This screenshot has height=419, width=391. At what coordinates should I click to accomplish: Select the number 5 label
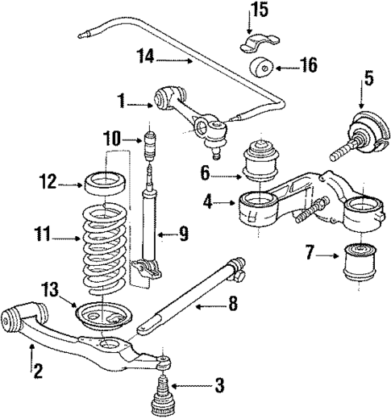(x=368, y=79)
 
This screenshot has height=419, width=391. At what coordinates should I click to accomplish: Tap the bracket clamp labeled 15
(x=256, y=42)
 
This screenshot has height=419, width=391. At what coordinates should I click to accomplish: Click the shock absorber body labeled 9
(x=149, y=234)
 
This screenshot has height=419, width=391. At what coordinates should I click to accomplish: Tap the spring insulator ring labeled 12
(x=104, y=182)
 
